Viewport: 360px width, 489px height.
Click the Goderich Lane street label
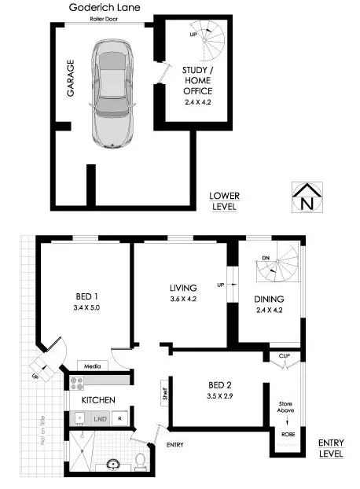tap(104, 6)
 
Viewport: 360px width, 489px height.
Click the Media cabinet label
tap(93, 366)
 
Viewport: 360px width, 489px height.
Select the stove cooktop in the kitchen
tap(78, 383)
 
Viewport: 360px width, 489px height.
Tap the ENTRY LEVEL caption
tap(330, 448)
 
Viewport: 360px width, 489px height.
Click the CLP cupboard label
tap(284, 356)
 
